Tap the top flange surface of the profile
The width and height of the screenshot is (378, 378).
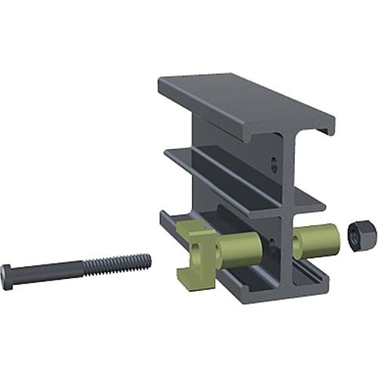click(242, 99)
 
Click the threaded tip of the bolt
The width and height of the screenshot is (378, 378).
click(147, 261)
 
